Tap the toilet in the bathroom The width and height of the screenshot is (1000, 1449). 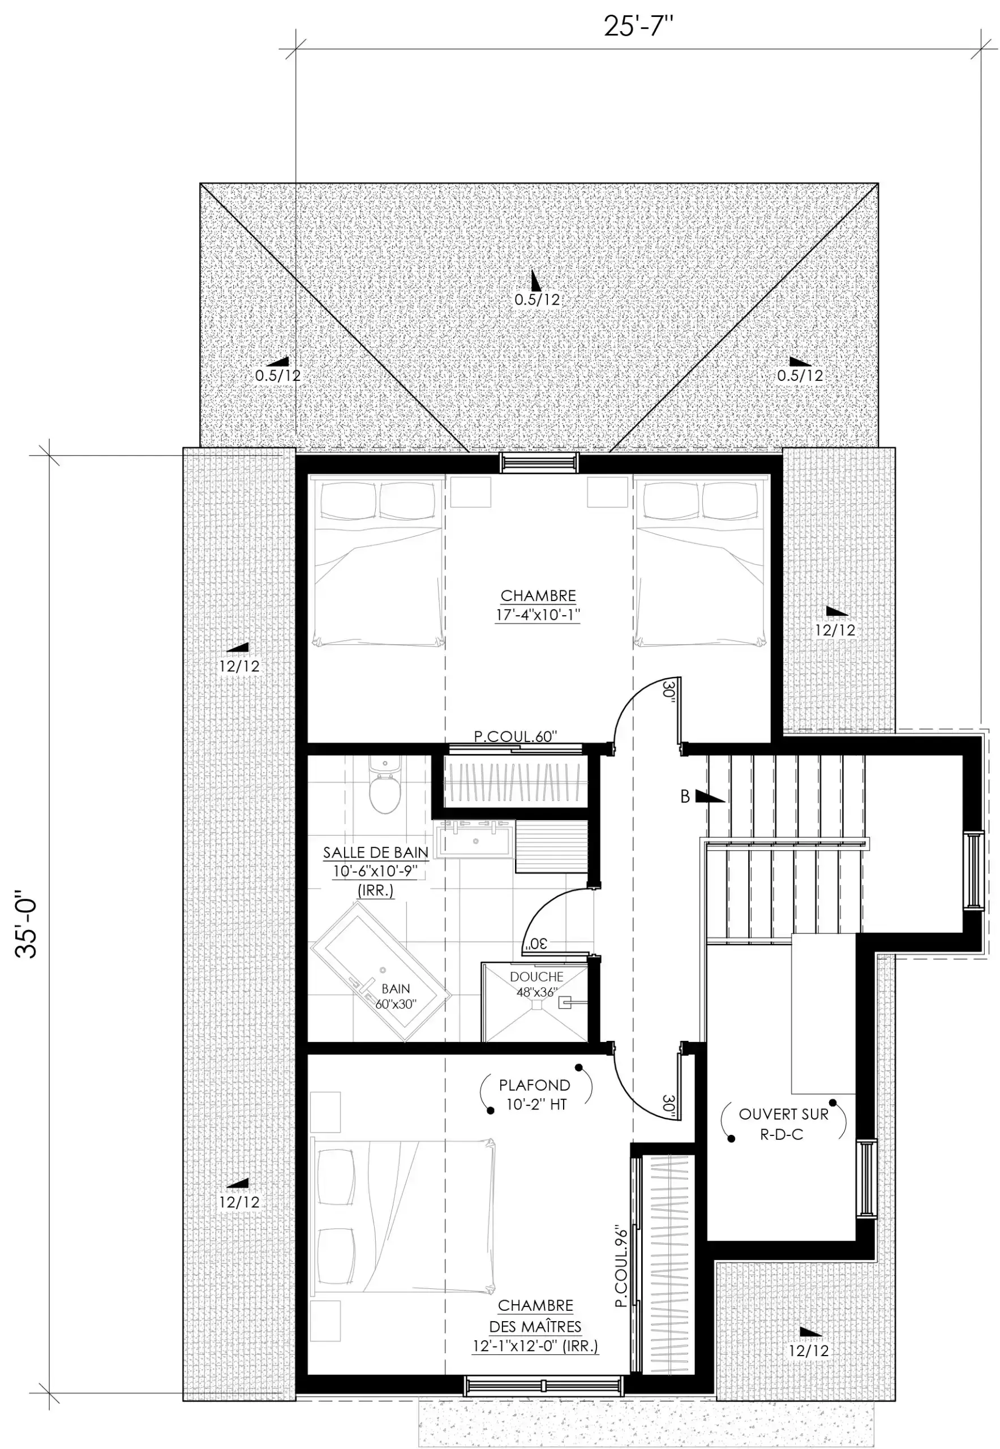[x=385, y=784]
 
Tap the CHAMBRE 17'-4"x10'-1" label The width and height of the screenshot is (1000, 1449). [x=538, y=605]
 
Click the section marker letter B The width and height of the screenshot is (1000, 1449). [x=685, y=796]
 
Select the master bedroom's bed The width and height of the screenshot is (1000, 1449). [x=403, y=1216]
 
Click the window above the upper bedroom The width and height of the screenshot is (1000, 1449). [x=539, y=463]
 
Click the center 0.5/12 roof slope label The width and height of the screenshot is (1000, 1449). [x=537, y=299]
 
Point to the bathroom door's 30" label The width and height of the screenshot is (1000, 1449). [x=538, y=942]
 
